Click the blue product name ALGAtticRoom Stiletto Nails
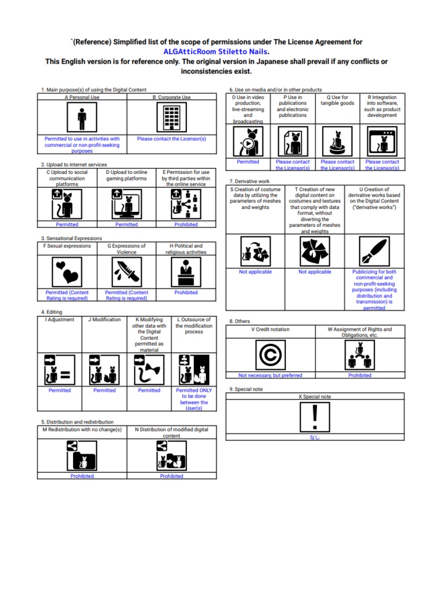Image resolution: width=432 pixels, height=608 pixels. point(216,52)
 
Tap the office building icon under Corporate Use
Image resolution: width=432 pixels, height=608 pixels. point(171,118)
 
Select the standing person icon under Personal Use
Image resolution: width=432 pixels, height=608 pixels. point(82,118)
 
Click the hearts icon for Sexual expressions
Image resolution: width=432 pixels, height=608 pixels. point(67,272)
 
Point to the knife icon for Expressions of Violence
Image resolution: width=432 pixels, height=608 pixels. point(126,272)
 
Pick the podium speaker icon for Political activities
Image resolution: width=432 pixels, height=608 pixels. point(186,272)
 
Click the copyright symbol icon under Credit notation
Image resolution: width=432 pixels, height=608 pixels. point(271,355)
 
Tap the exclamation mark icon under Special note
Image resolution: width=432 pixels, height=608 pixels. point(315,417)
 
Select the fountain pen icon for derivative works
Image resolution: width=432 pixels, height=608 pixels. point(374,251)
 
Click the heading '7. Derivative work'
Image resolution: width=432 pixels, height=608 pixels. point(249,181)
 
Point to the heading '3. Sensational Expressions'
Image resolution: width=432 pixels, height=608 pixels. point(71,238)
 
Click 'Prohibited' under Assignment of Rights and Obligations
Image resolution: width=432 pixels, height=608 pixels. point(360,375)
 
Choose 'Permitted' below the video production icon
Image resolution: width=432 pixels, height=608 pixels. point(248,161)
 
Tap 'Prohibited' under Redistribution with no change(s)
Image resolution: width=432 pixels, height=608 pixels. point(82,476)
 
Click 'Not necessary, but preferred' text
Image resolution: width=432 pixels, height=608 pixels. point(271,375)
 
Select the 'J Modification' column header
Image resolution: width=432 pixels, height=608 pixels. point(104,319)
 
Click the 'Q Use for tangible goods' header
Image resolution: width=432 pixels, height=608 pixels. point(338,100)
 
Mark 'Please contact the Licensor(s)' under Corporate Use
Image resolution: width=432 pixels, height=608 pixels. point(171,139)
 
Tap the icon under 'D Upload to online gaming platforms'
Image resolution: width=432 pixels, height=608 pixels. point(126,204)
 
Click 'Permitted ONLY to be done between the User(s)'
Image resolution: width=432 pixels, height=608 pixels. point(193,399)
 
